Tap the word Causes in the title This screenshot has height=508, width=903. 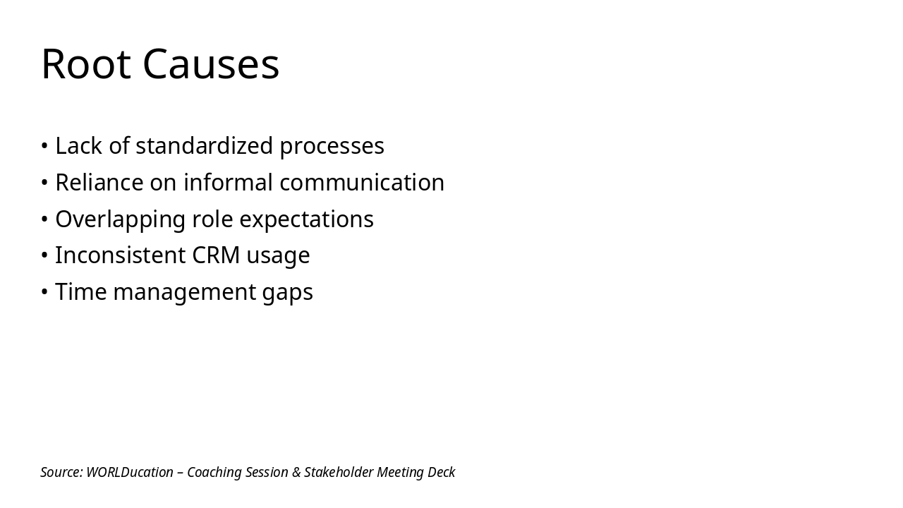click(x=211, y=64)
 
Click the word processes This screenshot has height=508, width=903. click(x=332, y=146)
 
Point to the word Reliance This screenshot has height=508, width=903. click(x=99, y=183)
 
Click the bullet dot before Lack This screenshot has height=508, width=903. click(x=44, y=146)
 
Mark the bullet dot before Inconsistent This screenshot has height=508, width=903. click(x=44, y=255)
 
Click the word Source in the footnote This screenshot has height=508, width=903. click(x=61, y=472)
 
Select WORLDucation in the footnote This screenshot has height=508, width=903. click(x=130, y=472)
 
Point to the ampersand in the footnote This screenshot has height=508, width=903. click(x=296, y=472)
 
